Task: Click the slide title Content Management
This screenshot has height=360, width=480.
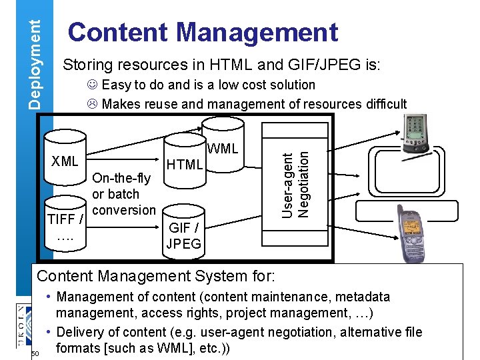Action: [203, 32]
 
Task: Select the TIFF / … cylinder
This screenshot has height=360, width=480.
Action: [65, 223]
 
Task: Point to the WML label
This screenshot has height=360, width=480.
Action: [223, 149]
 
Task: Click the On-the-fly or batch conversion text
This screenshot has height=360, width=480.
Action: [123, 194]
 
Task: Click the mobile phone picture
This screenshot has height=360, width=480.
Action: [413, 233]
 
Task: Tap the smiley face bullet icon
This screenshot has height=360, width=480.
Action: [92, 85]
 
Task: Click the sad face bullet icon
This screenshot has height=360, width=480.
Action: [92, 104]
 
